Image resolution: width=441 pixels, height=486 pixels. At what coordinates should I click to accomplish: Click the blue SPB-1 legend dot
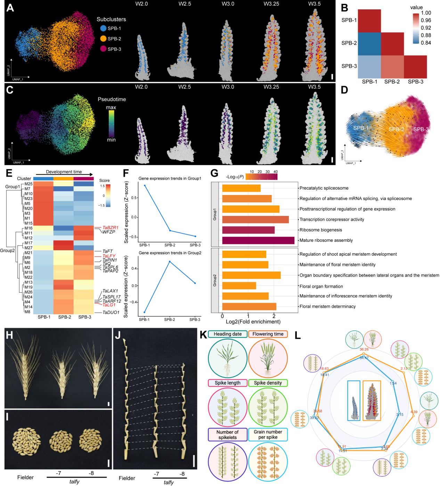click(103, 29)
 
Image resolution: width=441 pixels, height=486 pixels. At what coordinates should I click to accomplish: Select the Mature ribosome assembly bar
click(258, 240)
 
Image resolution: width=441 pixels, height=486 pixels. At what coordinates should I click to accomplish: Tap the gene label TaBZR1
click(111, 228)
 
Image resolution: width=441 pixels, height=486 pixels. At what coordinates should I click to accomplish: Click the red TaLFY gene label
click(109, 256)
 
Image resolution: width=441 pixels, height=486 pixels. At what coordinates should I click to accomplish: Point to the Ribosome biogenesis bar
click(248, 230)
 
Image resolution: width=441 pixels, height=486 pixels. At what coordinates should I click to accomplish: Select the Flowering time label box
click(268, 334)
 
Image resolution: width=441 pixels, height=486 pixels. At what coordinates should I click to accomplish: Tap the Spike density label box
click(268, 383)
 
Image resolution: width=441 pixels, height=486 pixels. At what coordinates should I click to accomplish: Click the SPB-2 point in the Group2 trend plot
click(169, 261)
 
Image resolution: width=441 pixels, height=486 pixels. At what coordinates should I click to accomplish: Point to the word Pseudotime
click(112, 99)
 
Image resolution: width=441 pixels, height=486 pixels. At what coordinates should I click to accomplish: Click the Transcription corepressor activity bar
click(255, 219)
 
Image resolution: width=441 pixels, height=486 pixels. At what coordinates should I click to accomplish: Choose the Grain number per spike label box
click(268, 434)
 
